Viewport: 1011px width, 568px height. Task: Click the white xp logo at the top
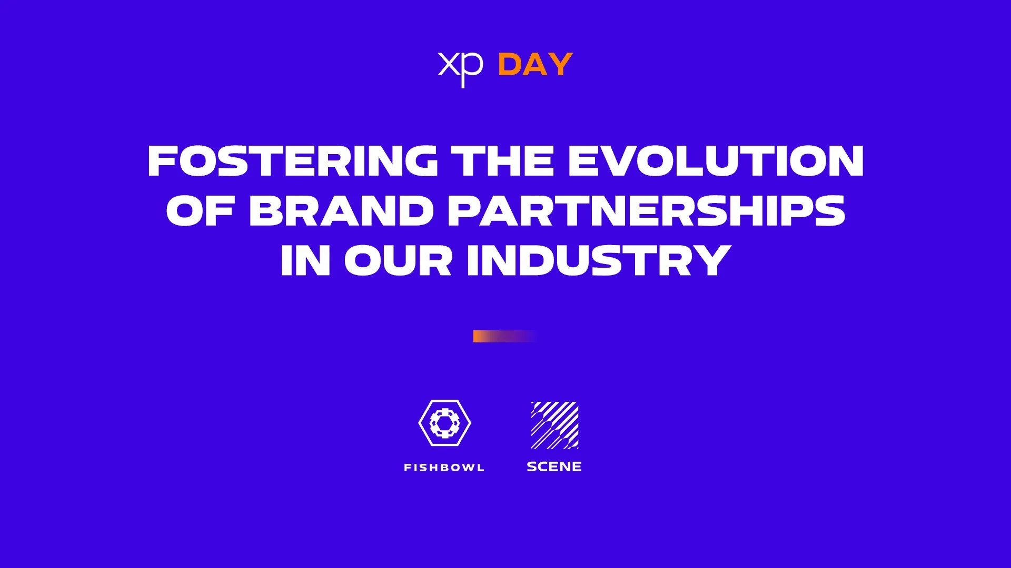point(460,67)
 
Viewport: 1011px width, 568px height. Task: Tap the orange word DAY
point(535,65)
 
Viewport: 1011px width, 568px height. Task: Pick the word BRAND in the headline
point(341,210)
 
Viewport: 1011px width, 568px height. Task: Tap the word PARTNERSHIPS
point(647,210)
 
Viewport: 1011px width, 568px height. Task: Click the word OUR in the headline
point(398,260)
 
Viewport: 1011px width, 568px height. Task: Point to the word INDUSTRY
point(599,260)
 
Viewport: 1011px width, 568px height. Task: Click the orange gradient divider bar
point(504,336)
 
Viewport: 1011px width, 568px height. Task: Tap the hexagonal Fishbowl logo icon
point(445,423)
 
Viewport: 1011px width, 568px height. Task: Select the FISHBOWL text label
point(444,468)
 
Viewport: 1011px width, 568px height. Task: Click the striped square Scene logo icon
point(554,425)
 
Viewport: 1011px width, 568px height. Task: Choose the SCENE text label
point(554,466)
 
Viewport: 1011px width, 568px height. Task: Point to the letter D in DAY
point(510,65)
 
